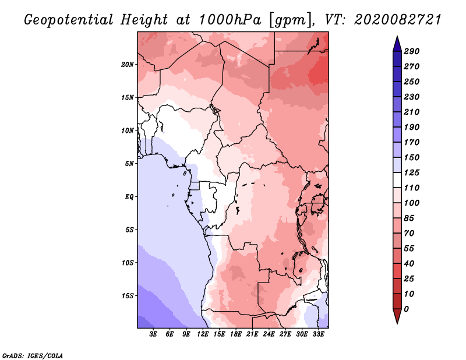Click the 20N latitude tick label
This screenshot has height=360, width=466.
click(x=128, y=64)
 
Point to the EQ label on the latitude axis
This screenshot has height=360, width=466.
click(x=129, y=196)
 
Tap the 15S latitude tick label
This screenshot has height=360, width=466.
click(x=128, y=295)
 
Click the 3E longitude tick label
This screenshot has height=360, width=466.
click(x=154, y=334)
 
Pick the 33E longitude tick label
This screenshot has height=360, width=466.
click(x=318, y=334)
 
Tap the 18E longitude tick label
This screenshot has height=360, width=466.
click(x=236, y=334)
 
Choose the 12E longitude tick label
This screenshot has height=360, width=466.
click(x=203, y=334)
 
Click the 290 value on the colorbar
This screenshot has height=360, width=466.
click(x=411, y=51)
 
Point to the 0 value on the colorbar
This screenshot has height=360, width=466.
click(x=406, y=309)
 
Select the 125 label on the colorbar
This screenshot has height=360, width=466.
click(x=411, y=172)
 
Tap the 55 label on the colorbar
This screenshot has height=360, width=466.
click(x=409, y=248)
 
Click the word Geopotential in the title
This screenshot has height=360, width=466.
click(x=69, y=20)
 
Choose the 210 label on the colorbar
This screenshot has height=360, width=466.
click(x=411, y=112)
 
